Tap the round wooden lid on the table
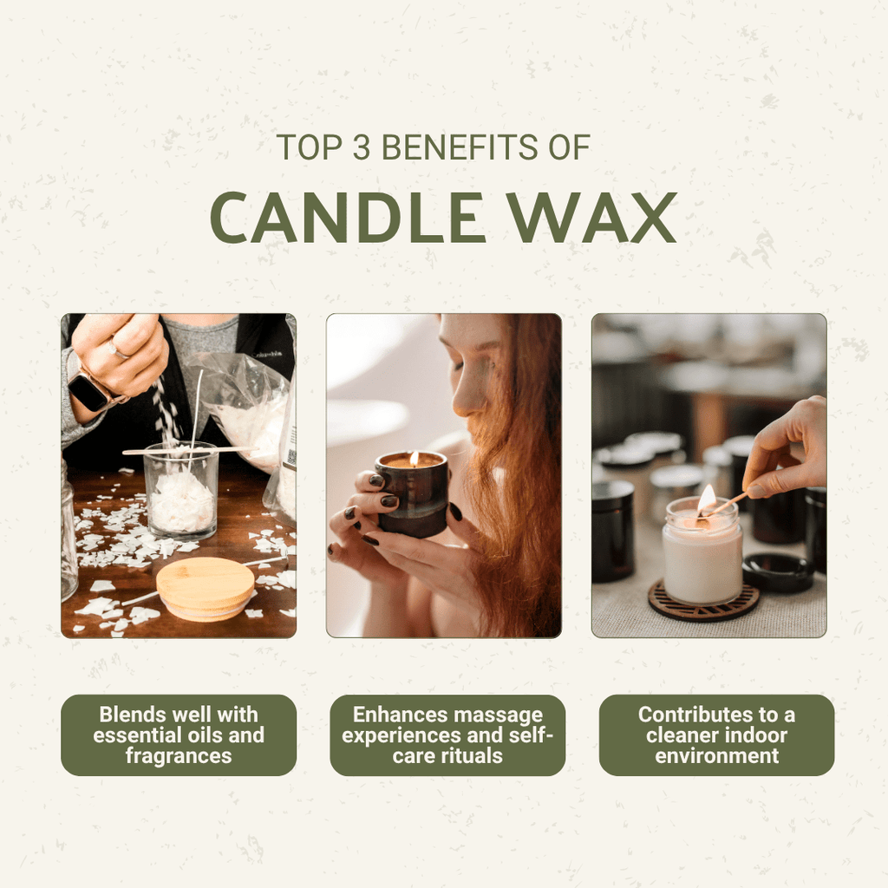(206, 588)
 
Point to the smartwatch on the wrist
(89, 392)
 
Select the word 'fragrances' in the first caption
(179, 756)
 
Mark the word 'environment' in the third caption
(716, 756)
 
